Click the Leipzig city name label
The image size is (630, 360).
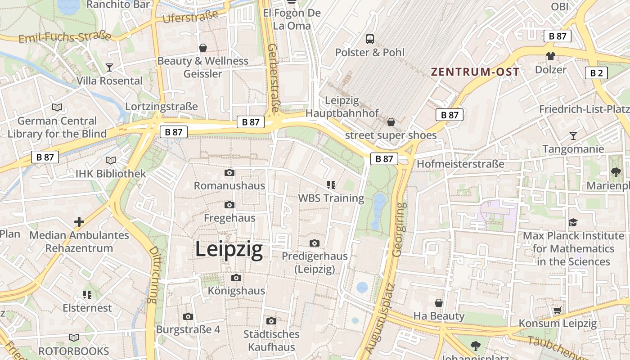[229, 250]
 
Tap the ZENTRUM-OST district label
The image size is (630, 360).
[475, 72]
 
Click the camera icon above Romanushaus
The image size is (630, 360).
[229, 173]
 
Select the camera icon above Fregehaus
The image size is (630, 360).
[229, 205]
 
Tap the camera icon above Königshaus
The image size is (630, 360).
[236, 278]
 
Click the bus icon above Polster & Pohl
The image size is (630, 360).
[370, 39]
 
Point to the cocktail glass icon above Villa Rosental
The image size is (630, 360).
[109, 67]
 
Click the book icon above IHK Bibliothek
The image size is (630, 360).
[110, 160]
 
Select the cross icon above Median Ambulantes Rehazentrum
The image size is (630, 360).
[79, 222]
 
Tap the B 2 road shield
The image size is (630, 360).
[596, 73]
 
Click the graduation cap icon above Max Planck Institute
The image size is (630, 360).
[572, 222]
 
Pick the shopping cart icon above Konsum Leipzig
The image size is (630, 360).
[557, 310]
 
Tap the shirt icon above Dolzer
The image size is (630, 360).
[550, 57]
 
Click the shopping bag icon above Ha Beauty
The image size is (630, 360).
[438, 303]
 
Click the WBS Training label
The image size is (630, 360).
[331, 198]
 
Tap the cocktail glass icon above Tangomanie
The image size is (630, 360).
[573, 135]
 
